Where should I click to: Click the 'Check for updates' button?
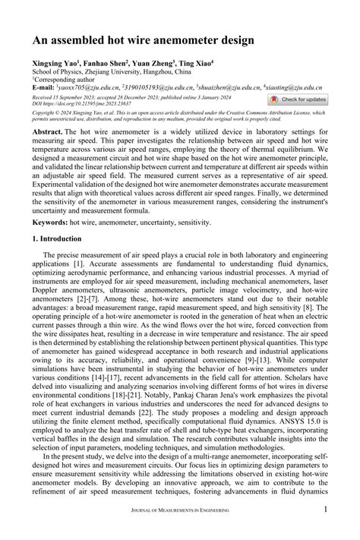click(x=298, y=99)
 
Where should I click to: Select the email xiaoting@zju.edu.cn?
click(x=296, y=87)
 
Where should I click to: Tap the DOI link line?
click(x=76, y=103)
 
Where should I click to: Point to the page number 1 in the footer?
click(x=326, y=510)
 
